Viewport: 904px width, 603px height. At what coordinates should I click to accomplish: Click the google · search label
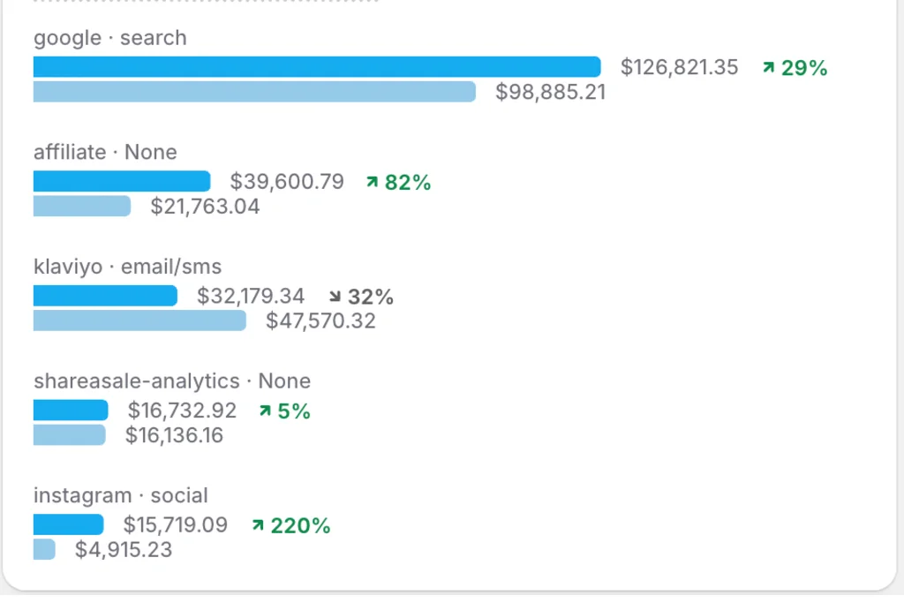point(110,38)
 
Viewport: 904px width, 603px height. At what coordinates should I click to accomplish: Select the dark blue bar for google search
point(317,67)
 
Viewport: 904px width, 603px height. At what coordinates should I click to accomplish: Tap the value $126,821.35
point(679,67)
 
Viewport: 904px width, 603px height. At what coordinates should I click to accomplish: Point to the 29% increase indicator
point(795,68)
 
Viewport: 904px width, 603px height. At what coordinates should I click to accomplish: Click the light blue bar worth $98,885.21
point(254,92)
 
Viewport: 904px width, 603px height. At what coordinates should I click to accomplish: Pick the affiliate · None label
point(105,152)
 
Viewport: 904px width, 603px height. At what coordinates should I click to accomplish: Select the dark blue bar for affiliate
point(122,182)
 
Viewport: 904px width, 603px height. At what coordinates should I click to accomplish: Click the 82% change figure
point(398,183)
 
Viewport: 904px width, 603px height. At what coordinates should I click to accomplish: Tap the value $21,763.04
point(205,207)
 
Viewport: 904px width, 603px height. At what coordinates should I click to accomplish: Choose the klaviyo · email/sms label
point(127,266)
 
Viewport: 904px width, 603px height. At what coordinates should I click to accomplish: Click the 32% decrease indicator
point(361,297)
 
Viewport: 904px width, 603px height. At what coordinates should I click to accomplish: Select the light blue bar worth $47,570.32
point(139,320)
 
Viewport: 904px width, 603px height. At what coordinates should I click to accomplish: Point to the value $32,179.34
point(251,296)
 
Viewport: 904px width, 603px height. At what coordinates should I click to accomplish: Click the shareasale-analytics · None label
point(172,381)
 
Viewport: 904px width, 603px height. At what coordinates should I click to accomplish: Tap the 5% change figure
point(284,411)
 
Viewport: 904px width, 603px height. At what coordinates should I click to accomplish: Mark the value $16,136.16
point(174,435)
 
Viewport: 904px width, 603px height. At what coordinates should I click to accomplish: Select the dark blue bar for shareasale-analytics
point(71,411)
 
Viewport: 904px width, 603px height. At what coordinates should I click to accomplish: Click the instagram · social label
point(121,495)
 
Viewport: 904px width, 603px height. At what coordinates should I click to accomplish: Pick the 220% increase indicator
point(290,526)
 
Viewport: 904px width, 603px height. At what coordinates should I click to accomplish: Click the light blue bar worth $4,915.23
point(44,550)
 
